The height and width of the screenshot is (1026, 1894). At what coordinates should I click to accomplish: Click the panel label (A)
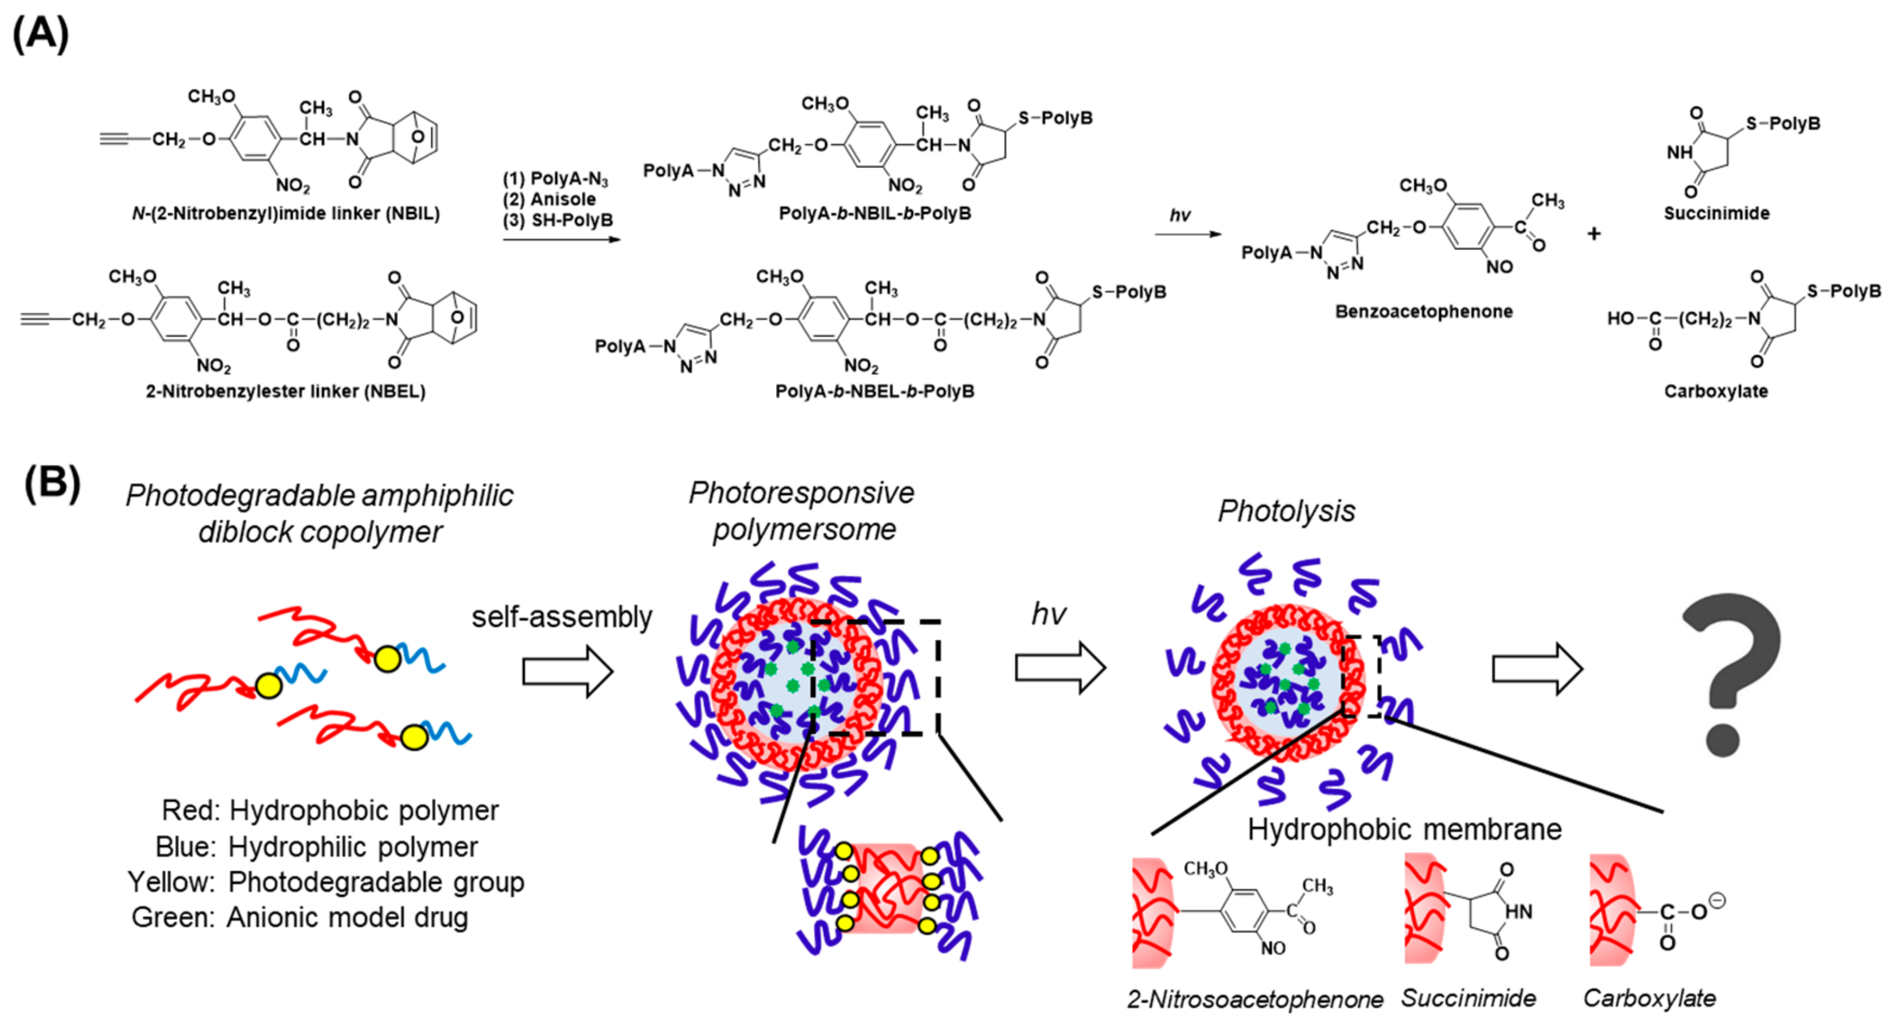(x=41, y=33)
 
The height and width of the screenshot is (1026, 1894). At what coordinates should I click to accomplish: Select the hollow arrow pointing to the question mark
(x=1537, y=669)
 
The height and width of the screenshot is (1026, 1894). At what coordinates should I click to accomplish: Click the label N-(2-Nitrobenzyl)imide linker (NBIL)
(x=285, y=213)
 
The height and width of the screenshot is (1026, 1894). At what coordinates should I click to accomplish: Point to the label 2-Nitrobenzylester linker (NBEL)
(x=285, y=391)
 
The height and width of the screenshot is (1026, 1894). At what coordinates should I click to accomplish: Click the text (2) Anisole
(x=550, y=199)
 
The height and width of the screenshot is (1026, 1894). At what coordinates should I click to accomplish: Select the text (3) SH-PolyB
(x=558, y=220)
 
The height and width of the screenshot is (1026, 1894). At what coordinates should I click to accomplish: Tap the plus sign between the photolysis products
(x=1593, y=234)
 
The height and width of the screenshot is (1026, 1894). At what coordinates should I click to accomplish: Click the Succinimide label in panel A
(x=1716, y=213)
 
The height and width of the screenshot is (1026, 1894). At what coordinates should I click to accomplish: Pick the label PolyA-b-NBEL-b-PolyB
(x=874, y=391)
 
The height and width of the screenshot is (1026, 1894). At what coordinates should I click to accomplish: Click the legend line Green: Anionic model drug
(x=299, y=917)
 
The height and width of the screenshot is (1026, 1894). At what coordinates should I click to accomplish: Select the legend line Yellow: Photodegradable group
(x=326, y=882)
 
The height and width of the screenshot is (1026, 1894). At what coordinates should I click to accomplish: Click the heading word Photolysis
(x=1286, y=511)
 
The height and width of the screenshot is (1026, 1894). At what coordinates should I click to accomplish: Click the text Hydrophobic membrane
(x=1404, y=829)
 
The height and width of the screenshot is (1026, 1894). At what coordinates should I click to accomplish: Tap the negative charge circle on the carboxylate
(x=1717, y=899)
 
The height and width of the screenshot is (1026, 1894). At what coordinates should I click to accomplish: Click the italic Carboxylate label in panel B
(x=1649, y=998)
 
